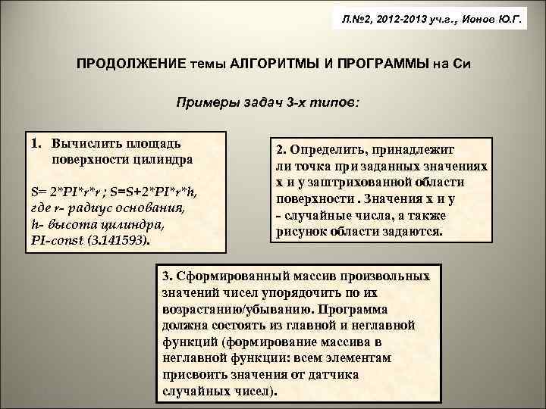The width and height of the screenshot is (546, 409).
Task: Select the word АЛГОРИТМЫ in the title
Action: pos(262,64)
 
